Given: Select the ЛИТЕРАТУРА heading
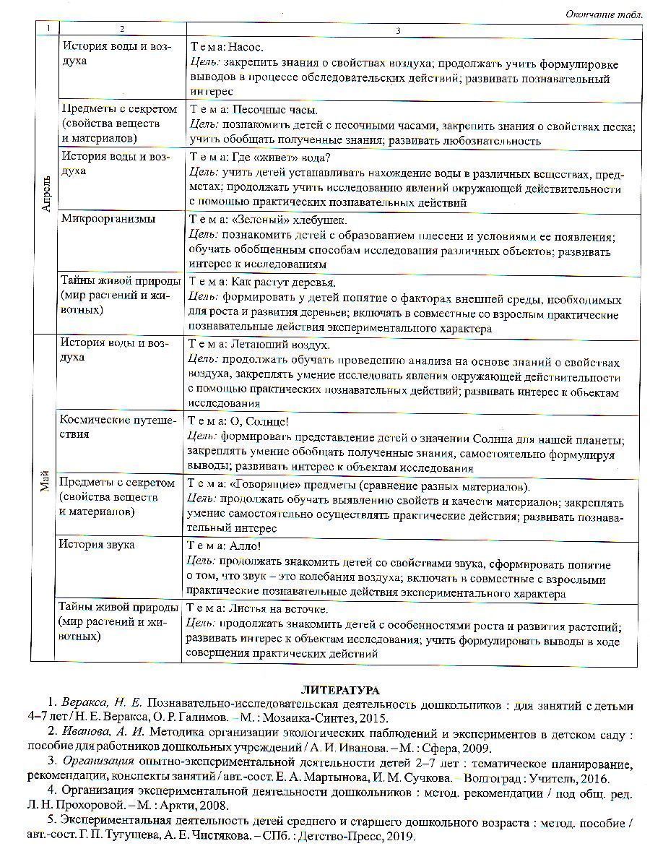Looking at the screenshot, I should click(340, 691).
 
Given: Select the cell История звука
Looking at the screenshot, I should click(97, 545).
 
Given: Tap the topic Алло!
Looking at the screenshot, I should click(243, 547).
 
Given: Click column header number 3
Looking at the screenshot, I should click(398, 29).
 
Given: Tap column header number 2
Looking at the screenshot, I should click(121, 29).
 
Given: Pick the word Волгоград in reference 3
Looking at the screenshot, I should click(492, 779).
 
